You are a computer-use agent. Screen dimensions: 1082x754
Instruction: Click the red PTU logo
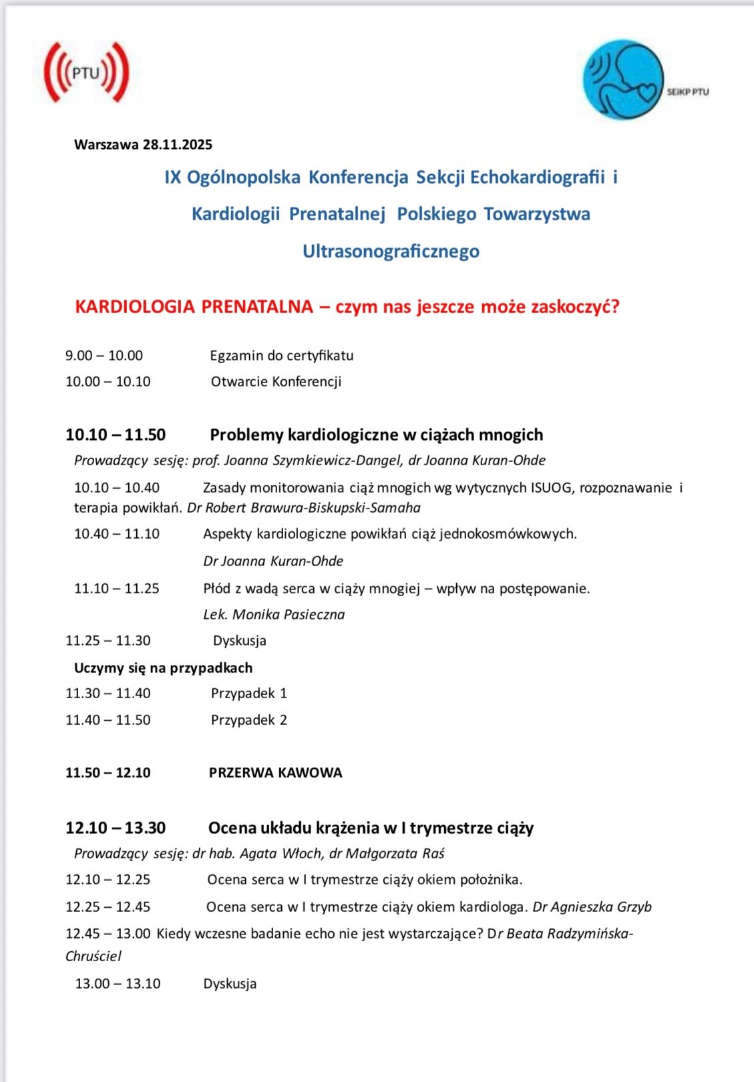85,73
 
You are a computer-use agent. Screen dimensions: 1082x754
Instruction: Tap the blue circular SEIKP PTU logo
623,79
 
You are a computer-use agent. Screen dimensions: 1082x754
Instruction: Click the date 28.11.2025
177,144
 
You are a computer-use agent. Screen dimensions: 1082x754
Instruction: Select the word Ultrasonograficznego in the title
391,251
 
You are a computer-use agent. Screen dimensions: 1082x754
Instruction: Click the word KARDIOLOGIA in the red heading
136,306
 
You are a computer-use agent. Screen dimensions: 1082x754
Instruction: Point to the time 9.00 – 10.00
104,355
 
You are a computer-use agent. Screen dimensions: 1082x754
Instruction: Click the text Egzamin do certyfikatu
281,355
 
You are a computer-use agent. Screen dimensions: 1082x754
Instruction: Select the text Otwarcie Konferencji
276,382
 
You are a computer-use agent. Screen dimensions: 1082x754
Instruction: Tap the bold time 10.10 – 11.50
116,435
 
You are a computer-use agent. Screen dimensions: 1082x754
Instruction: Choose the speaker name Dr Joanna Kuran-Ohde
273,561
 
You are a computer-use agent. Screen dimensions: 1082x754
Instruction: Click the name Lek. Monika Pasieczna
274,614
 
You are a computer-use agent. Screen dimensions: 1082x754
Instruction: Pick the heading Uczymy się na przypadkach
163,667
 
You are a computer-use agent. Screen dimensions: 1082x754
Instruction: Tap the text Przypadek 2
248,720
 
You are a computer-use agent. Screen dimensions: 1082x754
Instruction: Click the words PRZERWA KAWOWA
275,772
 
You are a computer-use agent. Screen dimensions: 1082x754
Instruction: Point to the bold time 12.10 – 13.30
116,828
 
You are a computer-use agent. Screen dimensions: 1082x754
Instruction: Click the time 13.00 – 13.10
118,983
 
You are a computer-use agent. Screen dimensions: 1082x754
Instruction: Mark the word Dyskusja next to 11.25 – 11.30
239,640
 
